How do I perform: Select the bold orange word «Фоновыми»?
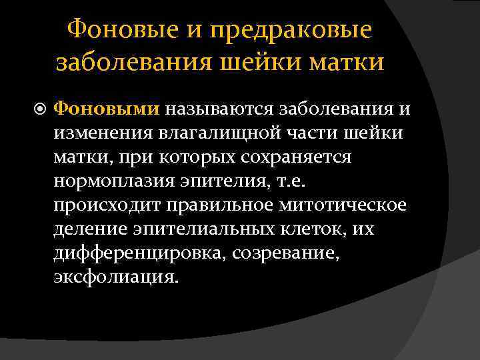point(106,107)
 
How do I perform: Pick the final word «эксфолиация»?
point(115,277)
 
